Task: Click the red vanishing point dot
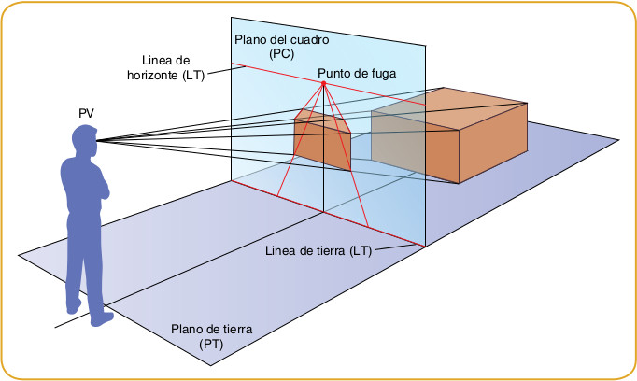point(323,85)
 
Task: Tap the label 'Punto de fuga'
point(354,73)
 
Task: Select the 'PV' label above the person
point(87,113)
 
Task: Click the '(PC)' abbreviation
point(280,55)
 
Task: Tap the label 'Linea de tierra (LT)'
point(318,251)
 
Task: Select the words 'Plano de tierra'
point(212,330)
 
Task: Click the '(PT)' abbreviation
point(212,345)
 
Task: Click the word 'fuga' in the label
point(377,73)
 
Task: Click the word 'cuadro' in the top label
point(302,40)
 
